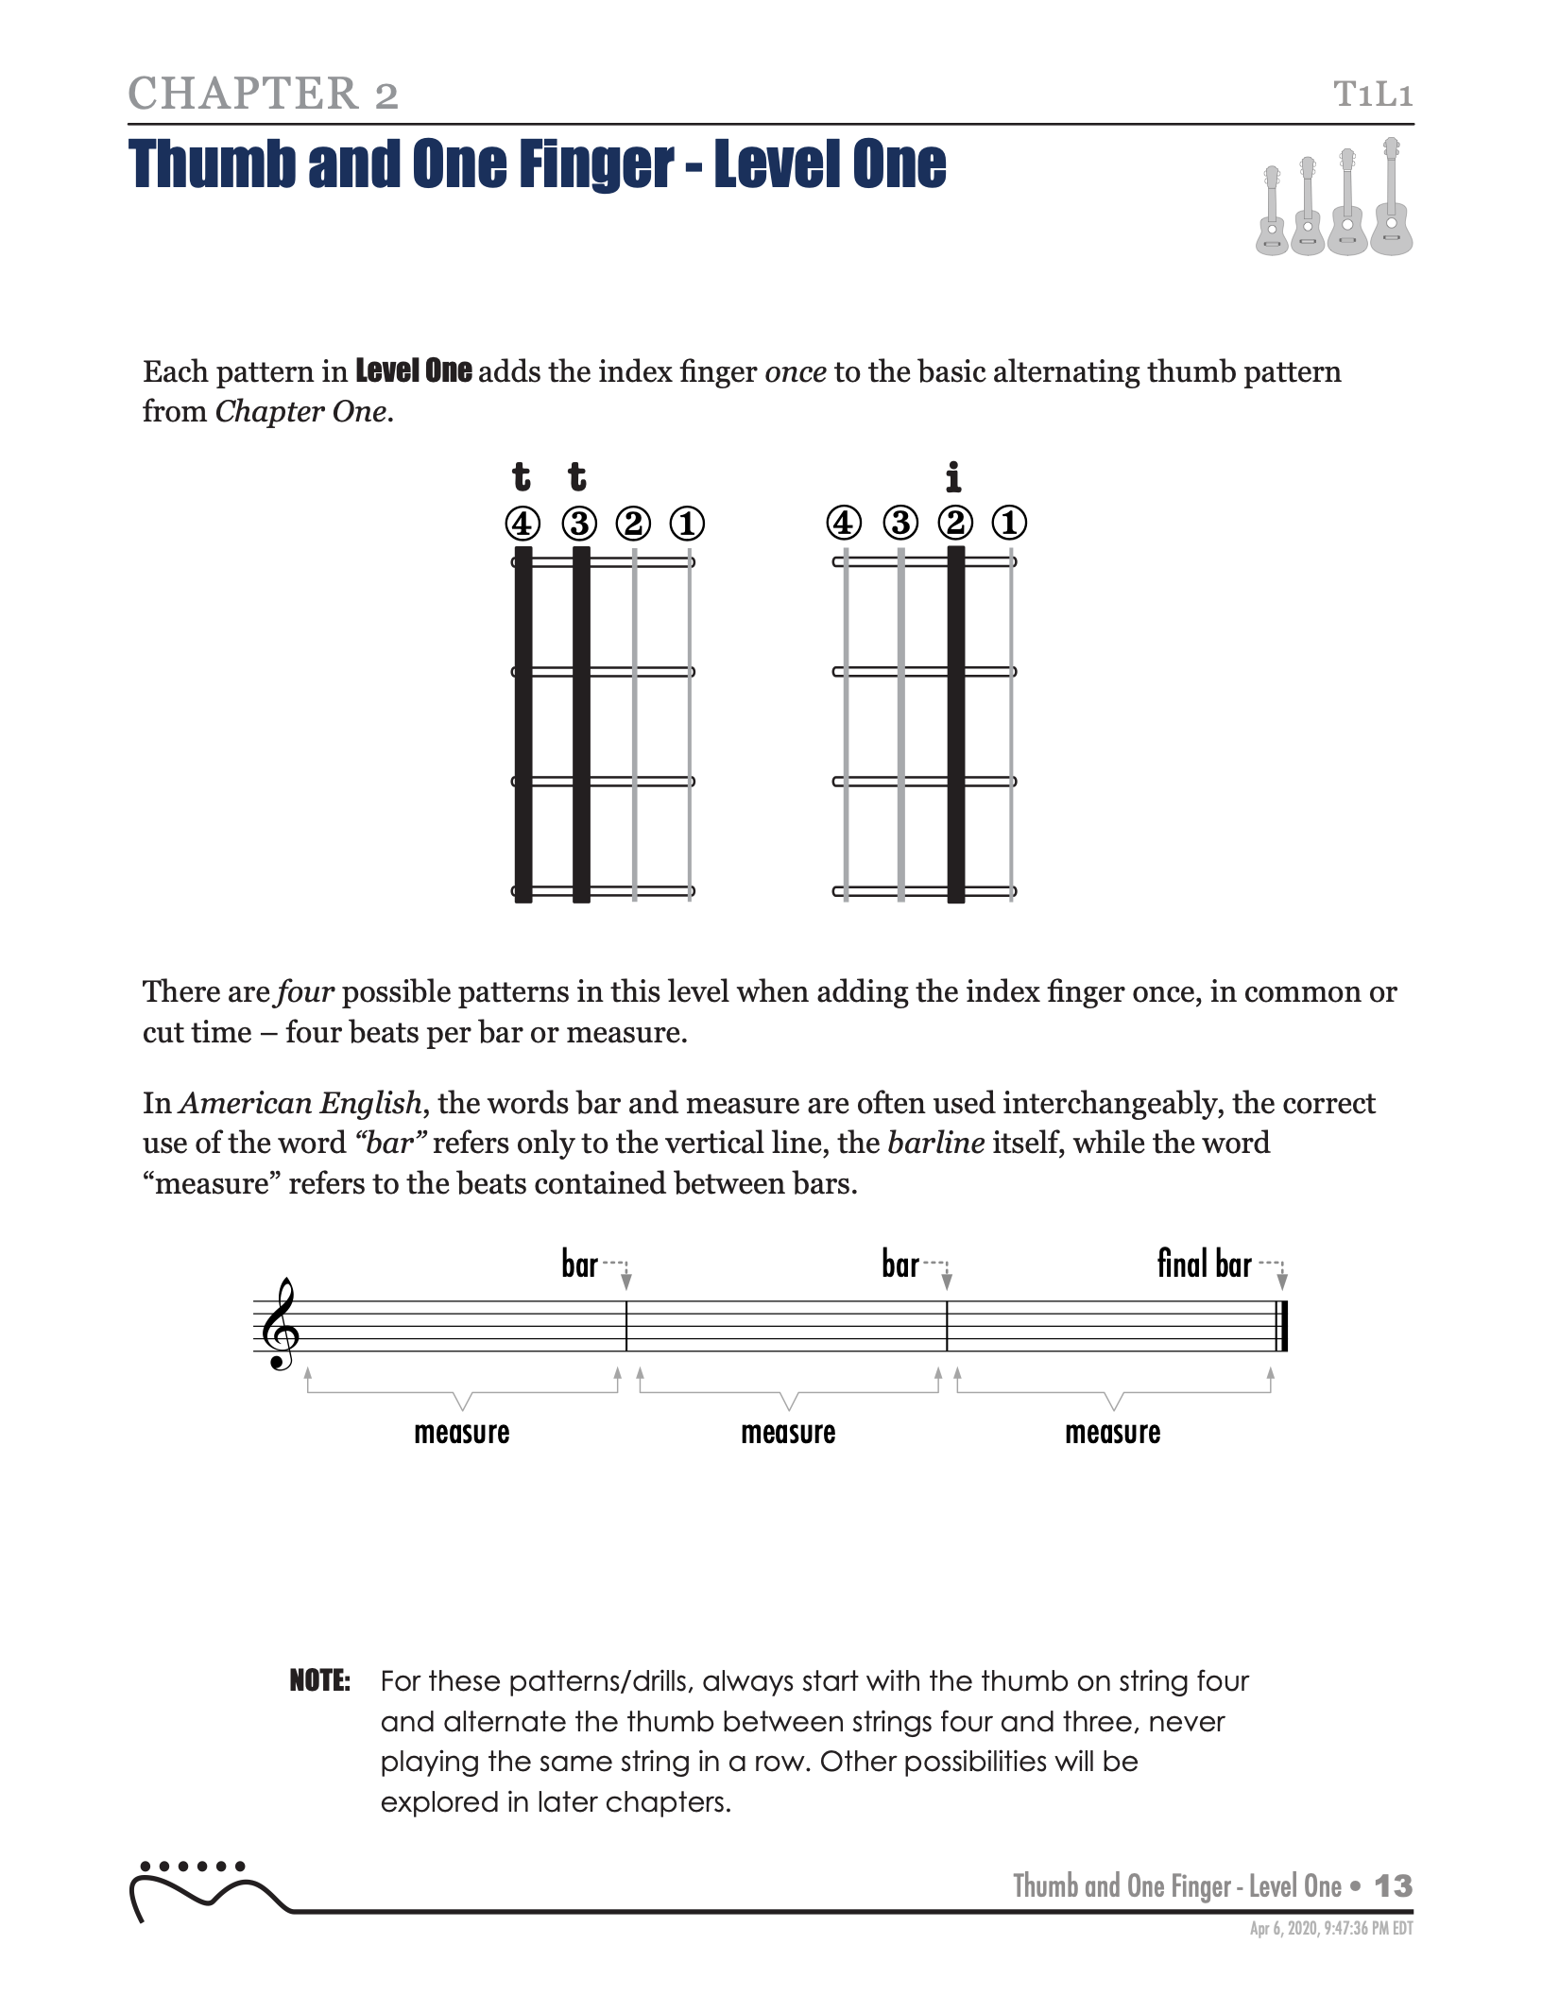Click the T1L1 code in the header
(1372, 95)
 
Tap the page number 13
(1393, 1886)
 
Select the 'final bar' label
(1204, 1264)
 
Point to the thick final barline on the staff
(1282, 1326)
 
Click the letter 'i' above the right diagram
(953, 477)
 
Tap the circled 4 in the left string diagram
(523, 523)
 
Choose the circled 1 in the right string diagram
(1009, 523)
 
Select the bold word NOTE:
(319, 1681)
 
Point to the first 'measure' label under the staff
(461, 1433)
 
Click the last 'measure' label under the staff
(1112, 1433)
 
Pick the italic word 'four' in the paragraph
(305, 992)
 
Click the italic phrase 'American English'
(300, 1104)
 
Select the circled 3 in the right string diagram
(900, 523)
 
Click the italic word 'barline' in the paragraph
(935, 1144)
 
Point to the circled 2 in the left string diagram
(633, 523)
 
